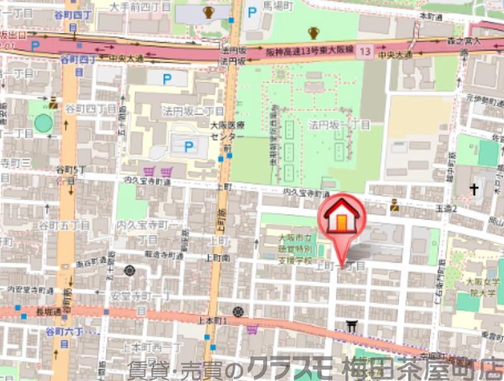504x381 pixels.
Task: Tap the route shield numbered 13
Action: pos(365,50)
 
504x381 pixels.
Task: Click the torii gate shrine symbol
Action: pos(351,326)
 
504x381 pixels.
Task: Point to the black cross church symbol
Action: pos(473,188)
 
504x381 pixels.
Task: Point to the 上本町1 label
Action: pos(212,321)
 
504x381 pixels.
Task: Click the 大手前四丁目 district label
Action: pos(140,7)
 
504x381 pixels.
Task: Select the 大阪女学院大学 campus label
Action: pos(482,287)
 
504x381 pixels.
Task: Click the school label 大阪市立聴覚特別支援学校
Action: pos(295,248)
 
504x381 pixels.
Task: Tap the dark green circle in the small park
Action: pos(43,123)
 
